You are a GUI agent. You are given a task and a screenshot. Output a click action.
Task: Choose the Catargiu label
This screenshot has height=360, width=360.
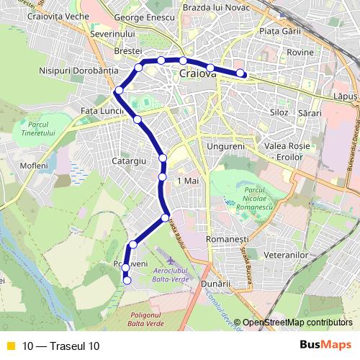[x=130, y=161]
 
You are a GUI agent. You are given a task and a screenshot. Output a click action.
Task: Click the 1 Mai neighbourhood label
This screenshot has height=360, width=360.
[x=186, y=181]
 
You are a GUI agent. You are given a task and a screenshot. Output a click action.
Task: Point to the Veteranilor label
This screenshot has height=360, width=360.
[x=286, y=255]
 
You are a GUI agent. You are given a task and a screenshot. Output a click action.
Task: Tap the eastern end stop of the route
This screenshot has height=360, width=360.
[x=240, y=73]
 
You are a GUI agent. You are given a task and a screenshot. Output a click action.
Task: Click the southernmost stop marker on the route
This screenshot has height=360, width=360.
[x=127, y=281]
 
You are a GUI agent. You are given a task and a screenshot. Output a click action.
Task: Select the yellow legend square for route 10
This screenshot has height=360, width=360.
[x=10, y=346]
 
